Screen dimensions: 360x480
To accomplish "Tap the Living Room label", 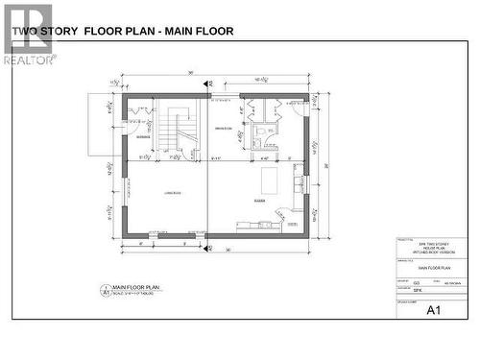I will (x=173, y=194).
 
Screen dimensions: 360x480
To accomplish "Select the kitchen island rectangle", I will (x=270, y=181).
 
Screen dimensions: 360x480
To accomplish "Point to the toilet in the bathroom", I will (x=271, y=131).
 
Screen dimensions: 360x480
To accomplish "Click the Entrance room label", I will (x=143, y=137).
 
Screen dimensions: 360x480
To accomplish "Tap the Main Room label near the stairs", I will (x=224, y=128).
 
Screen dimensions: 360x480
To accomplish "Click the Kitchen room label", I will (x=259, y=201).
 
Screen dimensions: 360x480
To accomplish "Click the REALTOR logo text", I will (x=26, y=60).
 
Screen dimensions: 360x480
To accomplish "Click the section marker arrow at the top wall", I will (x=208, y=84).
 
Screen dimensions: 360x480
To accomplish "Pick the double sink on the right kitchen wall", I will (x=299, y=178).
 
